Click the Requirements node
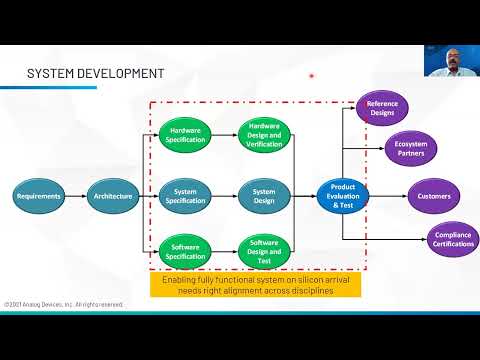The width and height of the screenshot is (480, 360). click(39, 196)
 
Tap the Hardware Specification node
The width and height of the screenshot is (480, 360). click(186, 135)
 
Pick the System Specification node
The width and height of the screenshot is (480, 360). click(186, 196)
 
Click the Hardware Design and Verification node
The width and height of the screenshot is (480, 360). click(264, 135)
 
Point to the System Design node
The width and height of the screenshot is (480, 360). click(264, 196)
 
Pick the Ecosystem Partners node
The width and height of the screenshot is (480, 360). click(409, 151)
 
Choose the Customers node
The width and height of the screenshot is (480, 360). click(434, 196)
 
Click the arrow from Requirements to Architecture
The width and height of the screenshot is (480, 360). click(75, 196)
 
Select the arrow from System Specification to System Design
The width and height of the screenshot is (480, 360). click(225, 196)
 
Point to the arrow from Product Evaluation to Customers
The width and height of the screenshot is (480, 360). click(387, 196)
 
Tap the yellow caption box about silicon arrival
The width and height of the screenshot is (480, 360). click(257, 284)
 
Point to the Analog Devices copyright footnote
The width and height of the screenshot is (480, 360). click(63, 304)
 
